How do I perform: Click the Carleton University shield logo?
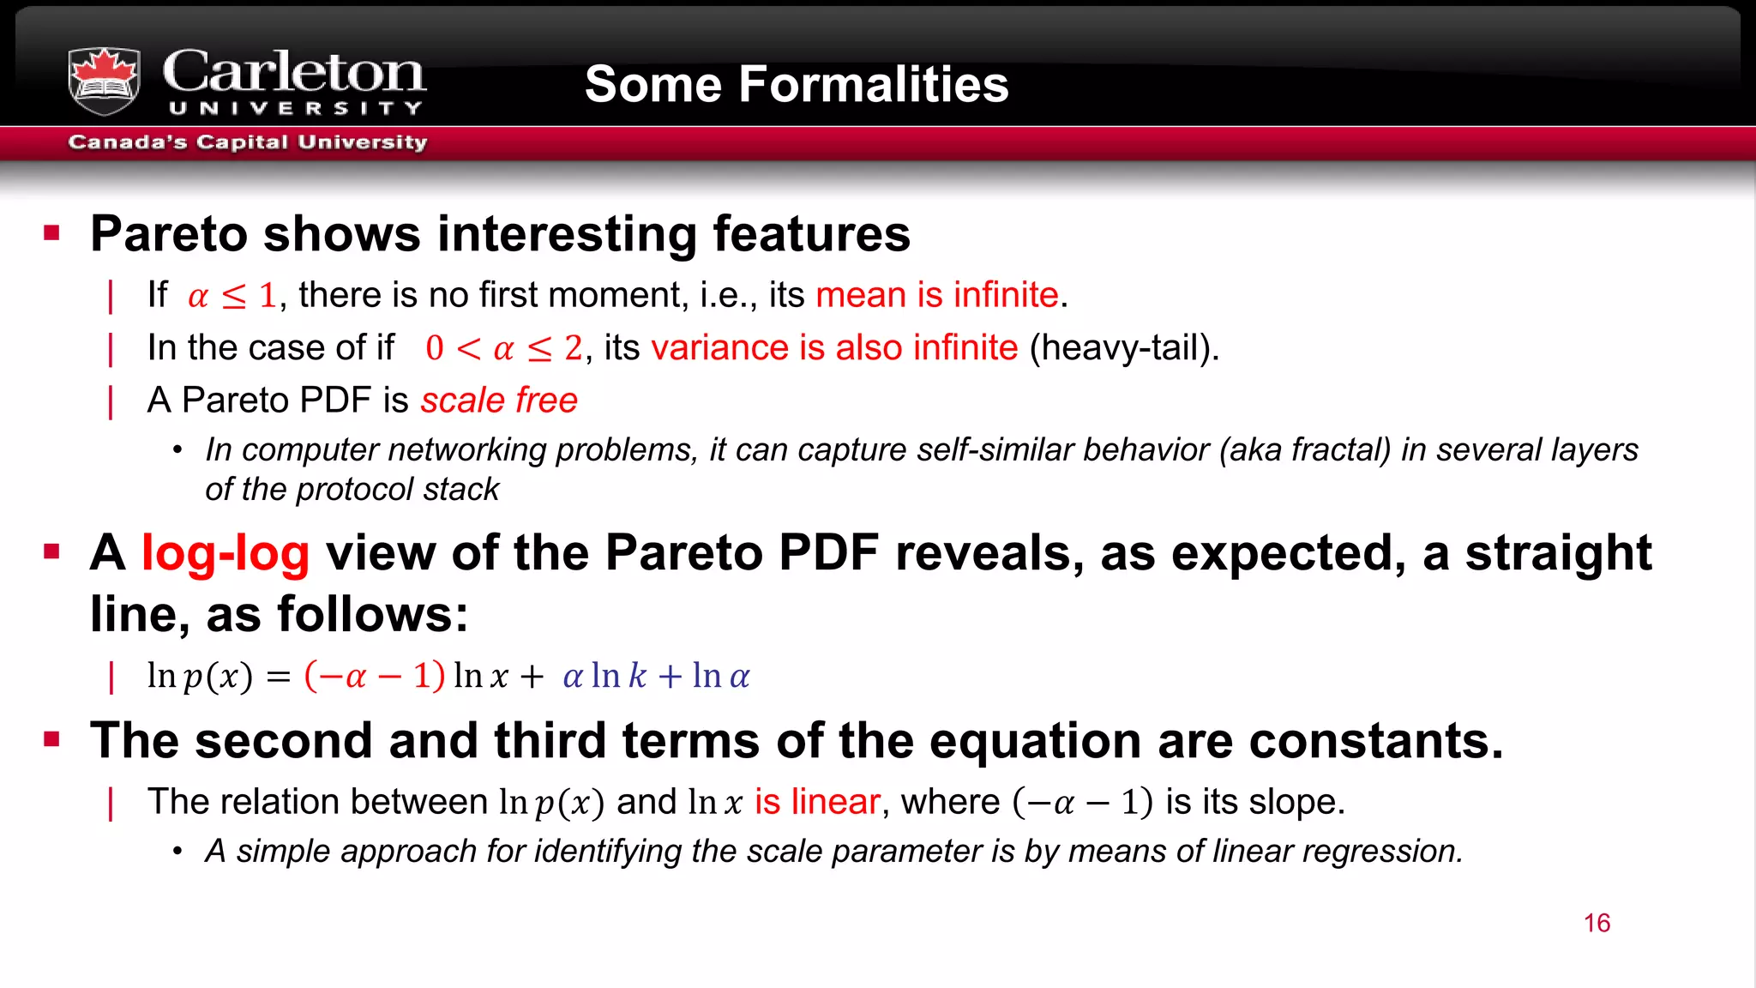tap(104, 81)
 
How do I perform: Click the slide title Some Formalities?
tap(796, 84)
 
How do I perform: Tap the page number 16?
tap(1597, 923)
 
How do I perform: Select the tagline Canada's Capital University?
tap(247, 142)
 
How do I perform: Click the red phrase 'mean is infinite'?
tap(936, 295)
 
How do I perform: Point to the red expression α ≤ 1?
tap(232, 296)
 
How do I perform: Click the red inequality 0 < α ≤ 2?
tap(504, 348)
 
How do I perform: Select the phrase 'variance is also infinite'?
tap(834, 348)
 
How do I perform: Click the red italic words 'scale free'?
tap(499, 401)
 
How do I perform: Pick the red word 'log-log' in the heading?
tap(225, 552)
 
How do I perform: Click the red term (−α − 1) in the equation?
tap(375, 676)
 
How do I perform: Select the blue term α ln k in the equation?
tap(604, 676)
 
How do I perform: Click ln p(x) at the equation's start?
tap(200, 676)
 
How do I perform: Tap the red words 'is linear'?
tap(817, 802)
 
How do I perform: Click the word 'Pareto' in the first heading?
tap(169, 234)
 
